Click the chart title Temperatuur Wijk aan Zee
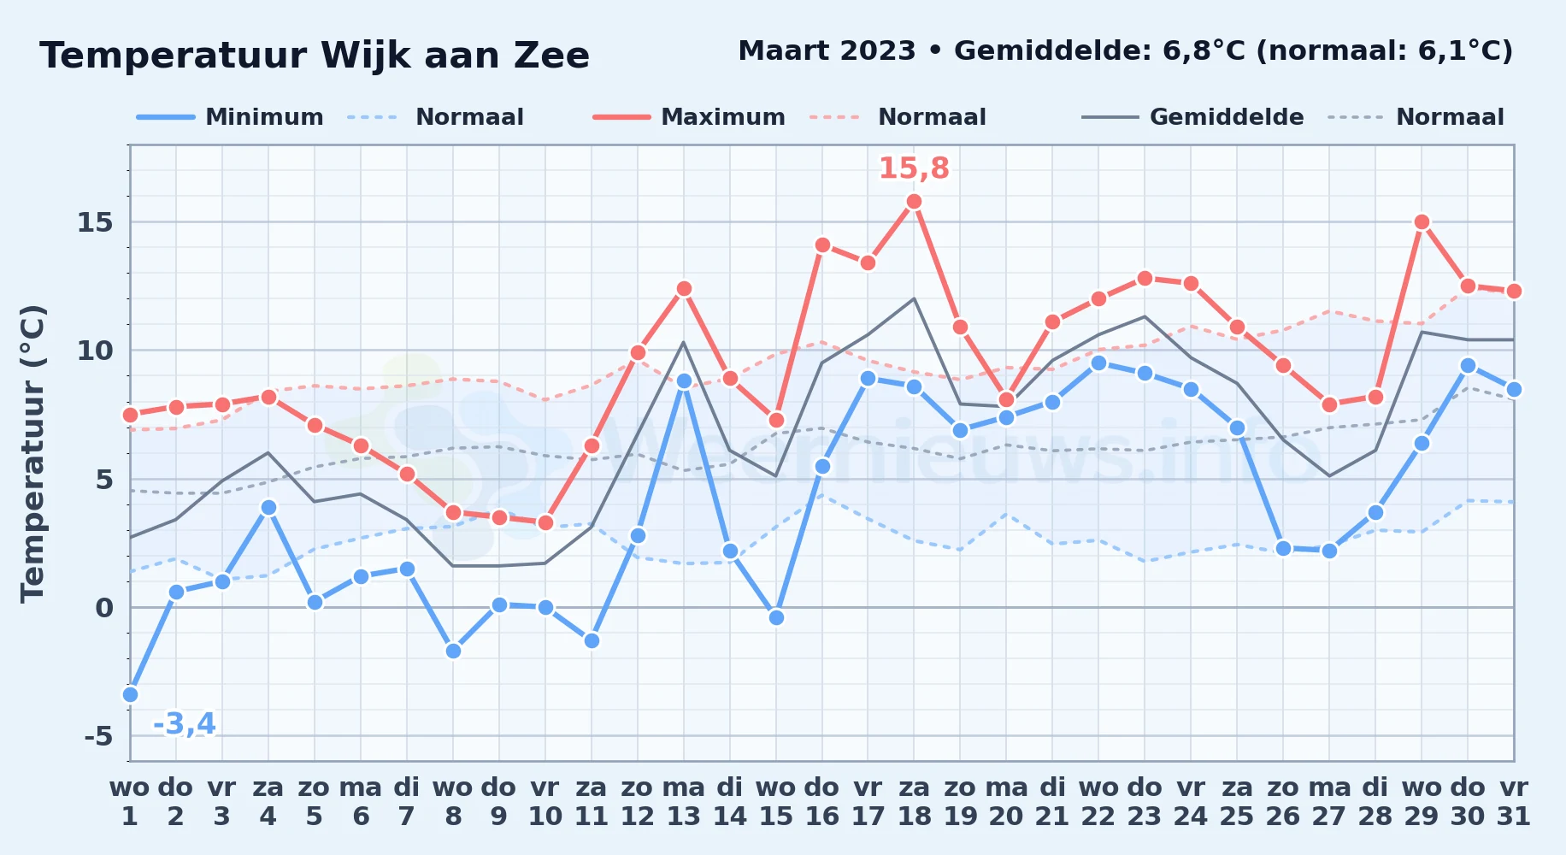(x=315, y=56)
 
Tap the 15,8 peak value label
(x=914, y=168)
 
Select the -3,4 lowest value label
(x=184, y=724)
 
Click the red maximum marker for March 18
(x=914, y=202)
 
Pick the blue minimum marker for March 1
(x=130, y=694)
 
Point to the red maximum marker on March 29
(x=1422, y=222)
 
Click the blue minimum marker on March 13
(x=684, y=381)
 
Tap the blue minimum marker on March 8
(x=453, y=651)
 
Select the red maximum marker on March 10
(x=545, y=522)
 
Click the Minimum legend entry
(x=230, y=117)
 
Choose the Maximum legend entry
(x=689, y=117)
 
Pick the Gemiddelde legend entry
(x=1192, y=117)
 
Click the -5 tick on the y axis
(x=98, y=735)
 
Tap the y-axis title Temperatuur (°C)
(x=33, y=453)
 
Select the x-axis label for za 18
(x=914, y=802)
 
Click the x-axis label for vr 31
(x=1514, y=802)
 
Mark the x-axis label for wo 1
(x=130, y=802)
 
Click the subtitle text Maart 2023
(x=827, y=50)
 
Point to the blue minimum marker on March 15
(x=776, y=617)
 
